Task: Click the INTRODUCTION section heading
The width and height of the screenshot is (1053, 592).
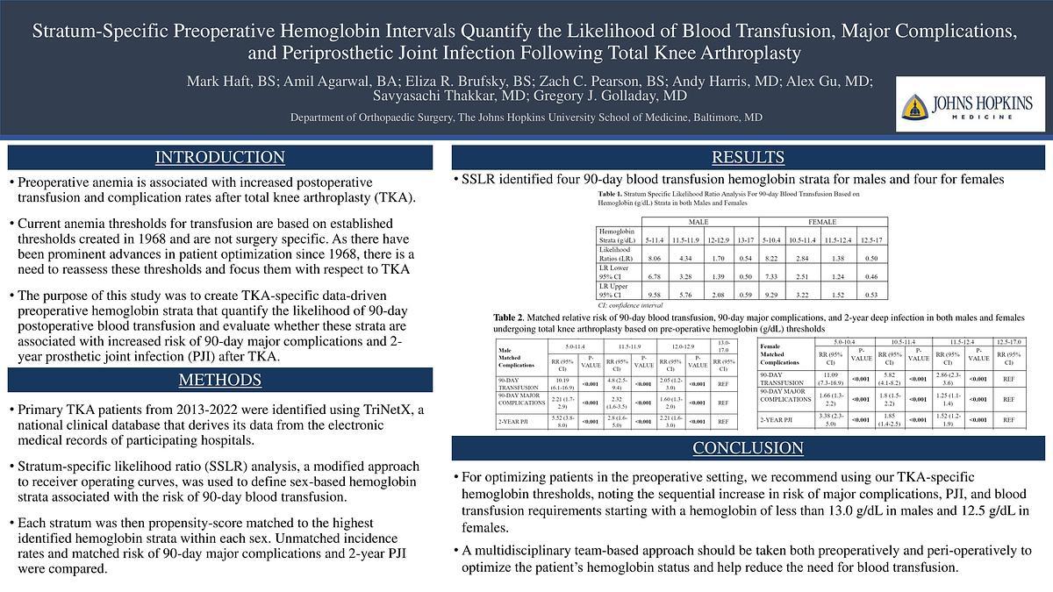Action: [219, 158]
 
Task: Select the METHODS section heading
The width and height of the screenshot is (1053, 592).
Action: [219, 380]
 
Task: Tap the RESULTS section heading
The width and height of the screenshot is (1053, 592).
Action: [749, 158]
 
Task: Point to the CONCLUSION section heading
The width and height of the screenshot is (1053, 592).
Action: [749, 448]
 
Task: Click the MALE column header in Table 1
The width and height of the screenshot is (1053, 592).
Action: [698, 222]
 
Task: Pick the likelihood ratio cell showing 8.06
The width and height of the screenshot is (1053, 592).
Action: [654, 258]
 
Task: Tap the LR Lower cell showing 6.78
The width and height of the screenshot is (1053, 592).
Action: [654, 277]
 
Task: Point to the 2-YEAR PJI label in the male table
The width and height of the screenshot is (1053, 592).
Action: [512, 422]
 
